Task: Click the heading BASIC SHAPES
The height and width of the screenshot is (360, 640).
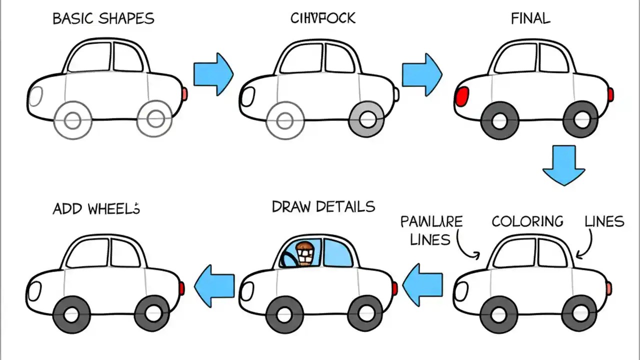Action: coord(103,19)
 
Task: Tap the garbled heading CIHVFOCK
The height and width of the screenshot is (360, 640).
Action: coord(323,18)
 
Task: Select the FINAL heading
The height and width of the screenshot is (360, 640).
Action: coord(530,19)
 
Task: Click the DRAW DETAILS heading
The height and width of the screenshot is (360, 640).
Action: coord(323,206)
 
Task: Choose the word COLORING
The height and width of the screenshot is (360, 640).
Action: coord(527,221)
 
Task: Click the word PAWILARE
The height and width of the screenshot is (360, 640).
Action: coord(431,221)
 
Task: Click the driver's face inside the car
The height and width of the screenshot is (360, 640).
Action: coord(304,254)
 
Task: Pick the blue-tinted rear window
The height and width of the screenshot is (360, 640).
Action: coord(337,253)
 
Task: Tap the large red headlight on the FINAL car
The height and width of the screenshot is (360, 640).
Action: coord(463,95)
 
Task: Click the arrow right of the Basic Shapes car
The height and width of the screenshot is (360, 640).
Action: coord(213,74)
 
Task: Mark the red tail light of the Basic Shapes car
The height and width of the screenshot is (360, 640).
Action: coord(184,94)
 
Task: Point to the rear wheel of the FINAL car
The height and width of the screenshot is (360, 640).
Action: coord(580,119)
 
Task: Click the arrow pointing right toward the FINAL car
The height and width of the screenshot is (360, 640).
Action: coord(422,74)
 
